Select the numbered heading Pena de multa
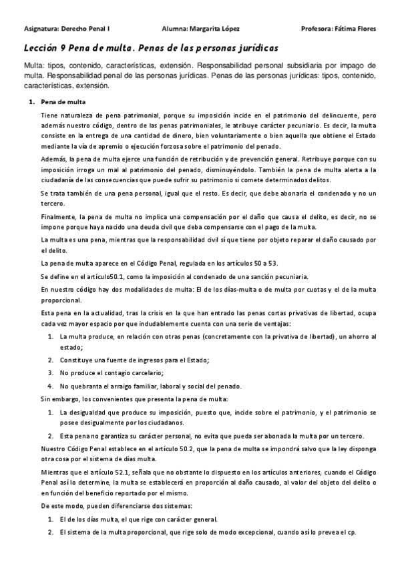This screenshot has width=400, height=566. tap(63, 102)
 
